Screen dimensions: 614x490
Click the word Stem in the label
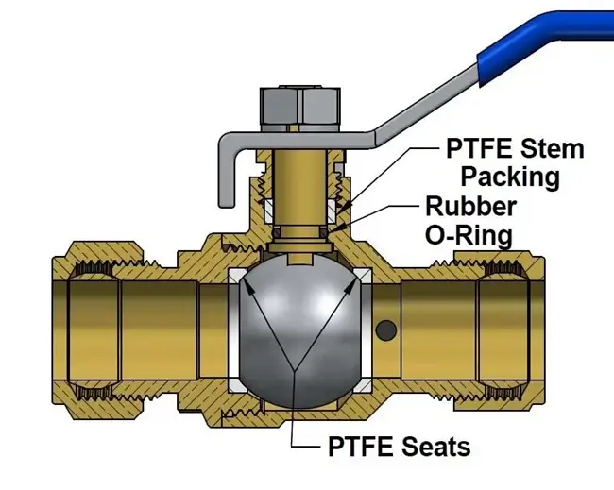555,149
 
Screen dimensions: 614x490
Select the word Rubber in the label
471,206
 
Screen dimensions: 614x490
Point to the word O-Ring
469,236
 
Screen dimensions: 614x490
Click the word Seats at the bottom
435,447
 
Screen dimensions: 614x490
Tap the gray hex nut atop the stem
300,109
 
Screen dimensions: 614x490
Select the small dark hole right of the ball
386,330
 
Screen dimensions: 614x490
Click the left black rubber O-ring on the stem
277,232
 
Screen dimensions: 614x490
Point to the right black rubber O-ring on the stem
323,232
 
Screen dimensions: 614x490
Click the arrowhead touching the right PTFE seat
349,284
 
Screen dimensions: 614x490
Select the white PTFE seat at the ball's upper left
237,279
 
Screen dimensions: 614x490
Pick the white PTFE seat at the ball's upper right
363,279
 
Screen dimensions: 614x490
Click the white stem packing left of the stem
268,211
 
